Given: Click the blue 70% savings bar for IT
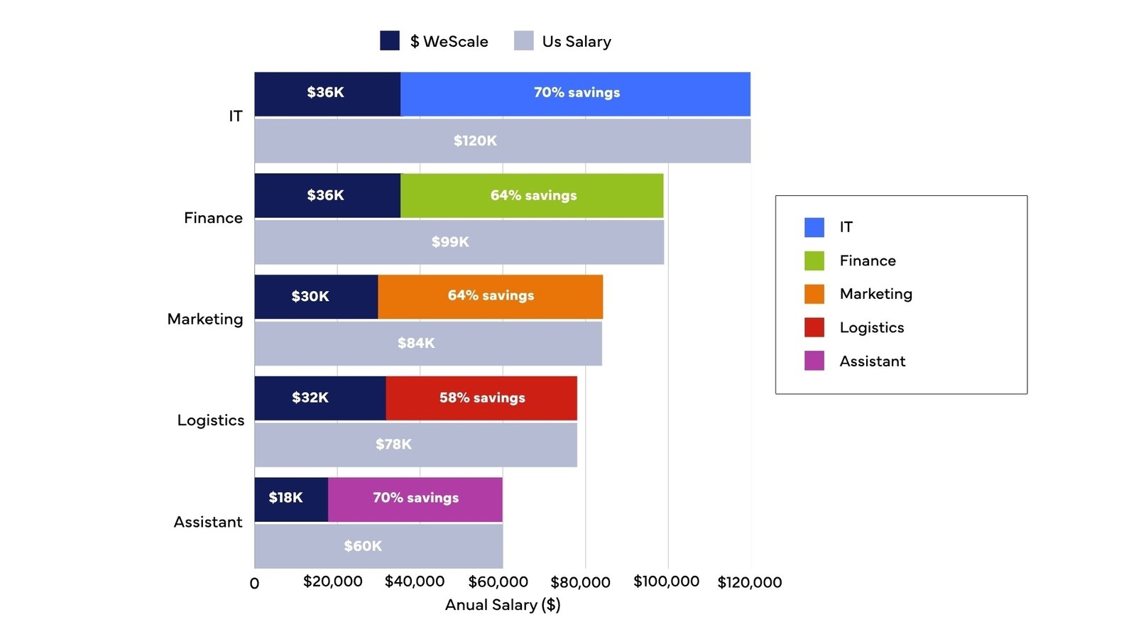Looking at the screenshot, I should (x=575, y=94).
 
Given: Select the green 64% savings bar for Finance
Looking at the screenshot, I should (x=532, y=195).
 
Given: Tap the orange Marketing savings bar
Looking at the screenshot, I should (x=490, y=296).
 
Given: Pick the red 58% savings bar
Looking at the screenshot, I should (x=481, y=398).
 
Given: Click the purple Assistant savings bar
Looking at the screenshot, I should (x=415, y=498).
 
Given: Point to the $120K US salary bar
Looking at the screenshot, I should (x=502, y=141).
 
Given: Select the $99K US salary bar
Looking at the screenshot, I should (x=459, y=242).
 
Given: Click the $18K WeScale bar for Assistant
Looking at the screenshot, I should (x=291, y=498).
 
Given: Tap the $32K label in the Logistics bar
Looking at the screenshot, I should (x=310, y=398).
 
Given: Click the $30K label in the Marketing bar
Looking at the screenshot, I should (x=310, y=296).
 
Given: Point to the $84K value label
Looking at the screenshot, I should (x=416, y=344).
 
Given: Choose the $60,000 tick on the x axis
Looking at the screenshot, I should (x=498, y=582).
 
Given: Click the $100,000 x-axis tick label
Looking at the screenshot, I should (x=666, y=582).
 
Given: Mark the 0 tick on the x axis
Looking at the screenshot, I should (x=254, y=584).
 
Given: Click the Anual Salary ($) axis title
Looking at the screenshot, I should (x=502, y=605).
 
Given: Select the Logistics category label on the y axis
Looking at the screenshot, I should (x=211, y=420).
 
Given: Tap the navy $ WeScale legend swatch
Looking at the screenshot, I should (x=390, y=40).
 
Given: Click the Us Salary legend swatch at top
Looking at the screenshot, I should (x=524, y=40).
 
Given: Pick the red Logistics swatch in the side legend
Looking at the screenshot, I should (x=814, y=327).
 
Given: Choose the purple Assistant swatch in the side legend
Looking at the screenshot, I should (x=814, y=361).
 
